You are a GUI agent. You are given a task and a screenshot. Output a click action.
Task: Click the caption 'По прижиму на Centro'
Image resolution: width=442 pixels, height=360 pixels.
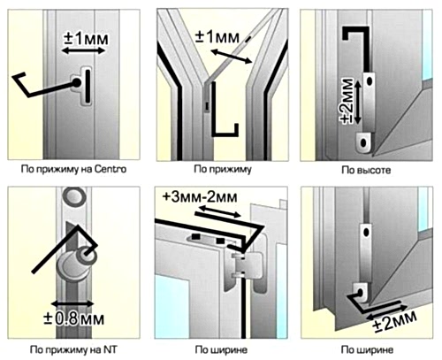(x=73, y=169)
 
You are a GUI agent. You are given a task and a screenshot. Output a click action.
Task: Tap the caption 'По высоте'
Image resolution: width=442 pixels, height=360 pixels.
(x=366, y=170)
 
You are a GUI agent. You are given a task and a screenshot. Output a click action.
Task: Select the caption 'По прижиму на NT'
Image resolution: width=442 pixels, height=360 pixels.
(x=73, y=350)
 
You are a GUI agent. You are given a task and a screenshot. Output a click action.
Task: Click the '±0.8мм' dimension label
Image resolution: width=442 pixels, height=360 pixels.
(x=74, y=318)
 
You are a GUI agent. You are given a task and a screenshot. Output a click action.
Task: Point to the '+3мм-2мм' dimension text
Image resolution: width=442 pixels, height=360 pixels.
(x=200, y=197)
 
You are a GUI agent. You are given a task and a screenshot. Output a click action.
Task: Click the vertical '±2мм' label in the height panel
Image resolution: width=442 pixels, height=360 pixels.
(x=347, y=101)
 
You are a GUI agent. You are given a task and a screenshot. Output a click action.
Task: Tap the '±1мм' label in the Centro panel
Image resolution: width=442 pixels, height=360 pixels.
(x=86, y=39)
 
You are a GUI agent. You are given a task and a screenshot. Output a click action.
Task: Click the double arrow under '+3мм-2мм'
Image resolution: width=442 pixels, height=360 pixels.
(x=218, y=212)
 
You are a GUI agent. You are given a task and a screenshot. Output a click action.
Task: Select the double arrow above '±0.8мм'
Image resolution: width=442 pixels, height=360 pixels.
(x=72, y=303)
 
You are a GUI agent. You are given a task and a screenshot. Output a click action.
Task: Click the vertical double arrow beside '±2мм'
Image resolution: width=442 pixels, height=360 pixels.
(x=358, y=103)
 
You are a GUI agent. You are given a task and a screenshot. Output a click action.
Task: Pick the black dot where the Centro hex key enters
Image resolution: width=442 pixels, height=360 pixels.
(x=77, y=83)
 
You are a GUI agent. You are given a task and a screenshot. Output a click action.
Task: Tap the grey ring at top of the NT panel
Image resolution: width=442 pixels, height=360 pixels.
(x=76, y=197)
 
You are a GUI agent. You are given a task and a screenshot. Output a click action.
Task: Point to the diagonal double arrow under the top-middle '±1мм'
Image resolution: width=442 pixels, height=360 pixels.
(x=232, y=57)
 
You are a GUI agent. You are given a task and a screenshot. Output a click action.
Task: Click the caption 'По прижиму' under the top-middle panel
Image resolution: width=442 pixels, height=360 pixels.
(x=223, y=170)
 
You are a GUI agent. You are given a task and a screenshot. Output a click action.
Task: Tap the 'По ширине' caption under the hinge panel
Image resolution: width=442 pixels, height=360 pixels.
(x=221, y=350)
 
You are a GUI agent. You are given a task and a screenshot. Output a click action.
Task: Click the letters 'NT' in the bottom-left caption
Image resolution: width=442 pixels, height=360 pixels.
(x=110, y=349)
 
